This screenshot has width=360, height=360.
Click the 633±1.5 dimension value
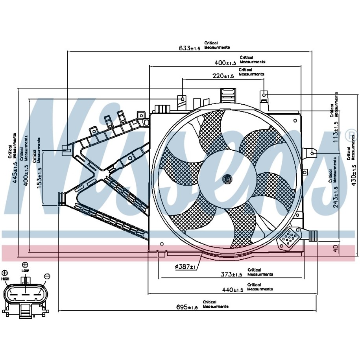tap(190, 48)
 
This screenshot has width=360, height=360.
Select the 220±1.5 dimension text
tap(223, 76)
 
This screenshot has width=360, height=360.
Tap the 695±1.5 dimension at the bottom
tap(186, 307)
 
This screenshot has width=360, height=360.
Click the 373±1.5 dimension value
tap(231, 275)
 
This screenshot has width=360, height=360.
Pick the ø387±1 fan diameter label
tap(185, 267)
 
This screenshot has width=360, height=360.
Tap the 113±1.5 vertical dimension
tap(336, 132)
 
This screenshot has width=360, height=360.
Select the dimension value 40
tap(336, 249)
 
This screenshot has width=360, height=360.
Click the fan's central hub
tap(227, 179)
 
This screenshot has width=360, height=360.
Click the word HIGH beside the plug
tap(5, 279)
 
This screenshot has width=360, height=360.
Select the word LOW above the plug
tap(25, 271)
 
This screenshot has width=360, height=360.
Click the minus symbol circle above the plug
tap(47, 276)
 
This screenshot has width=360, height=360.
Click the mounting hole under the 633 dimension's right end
tap(313, 153)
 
